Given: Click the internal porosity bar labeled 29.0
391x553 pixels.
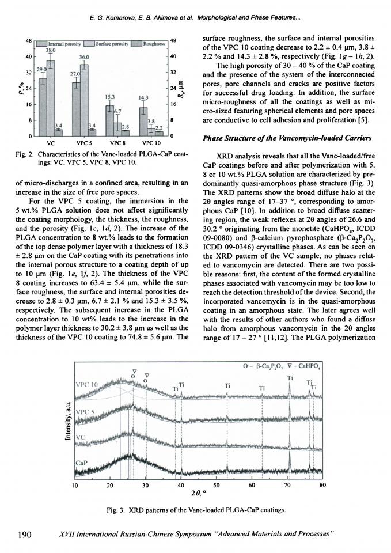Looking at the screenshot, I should pyautogui.click(x=43, y=104).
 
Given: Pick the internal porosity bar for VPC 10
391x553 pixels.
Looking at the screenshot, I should pyautogui.click(x=143, y=119).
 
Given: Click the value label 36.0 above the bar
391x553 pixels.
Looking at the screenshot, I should pyautogui.click(x=84, y=56).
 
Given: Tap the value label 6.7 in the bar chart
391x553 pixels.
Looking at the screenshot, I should pyautogui.click(x=117, y=111).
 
